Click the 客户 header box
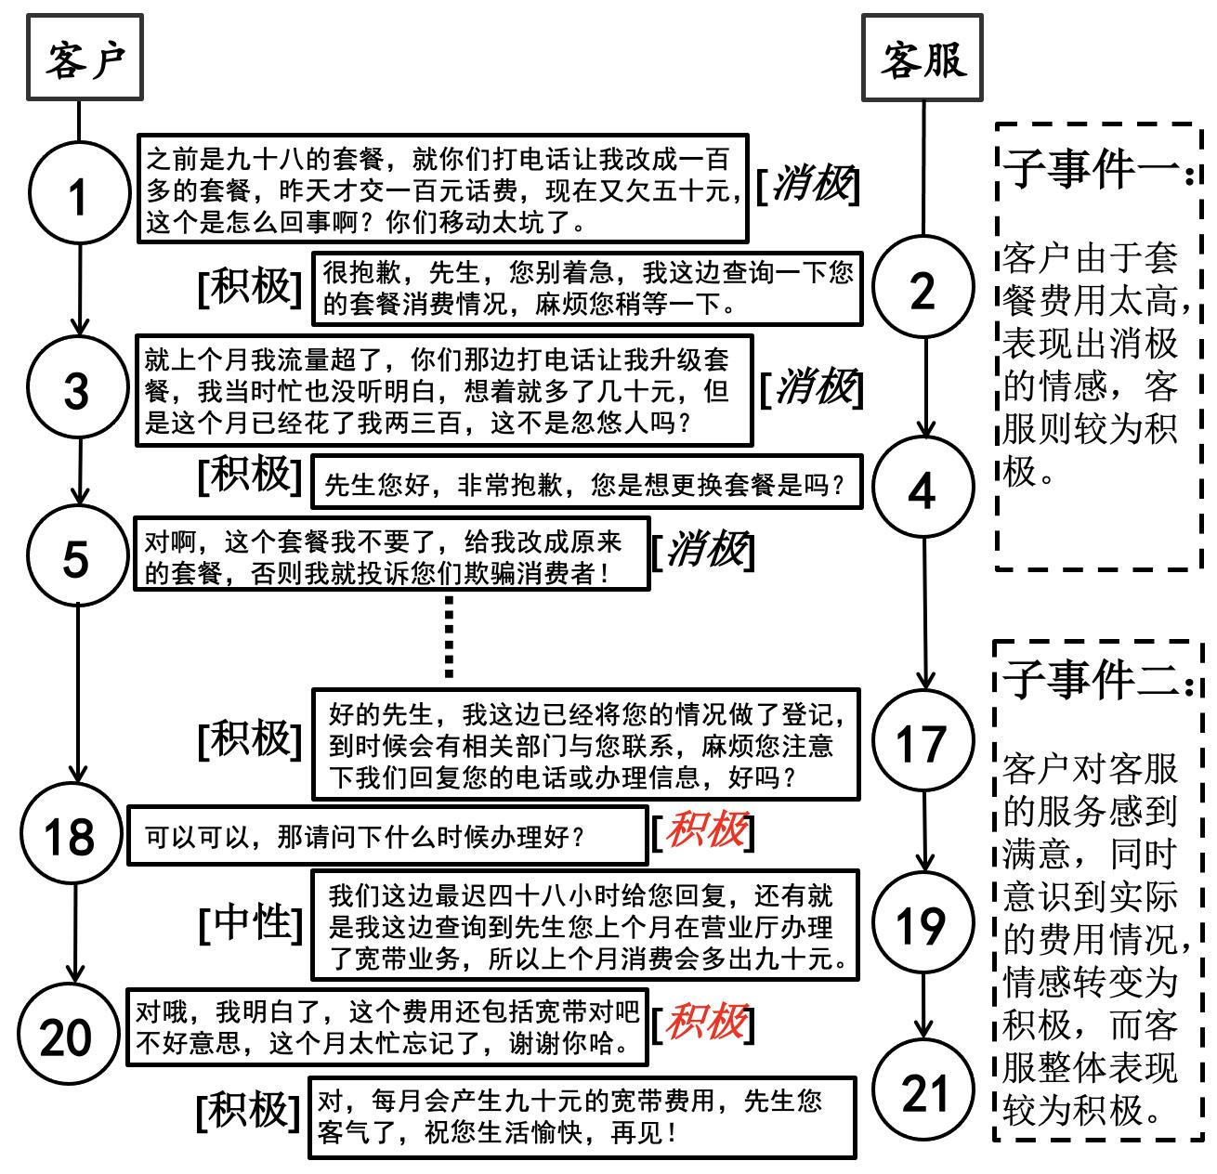(84, 58)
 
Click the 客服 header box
(923, 58)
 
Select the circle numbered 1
(78, 194)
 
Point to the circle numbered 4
(922, 488)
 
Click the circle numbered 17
(922, 742)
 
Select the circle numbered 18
(71, 835)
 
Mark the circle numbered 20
(67, 1037)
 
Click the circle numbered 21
(923, 1092)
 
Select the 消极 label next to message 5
(703, 550)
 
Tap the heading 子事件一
(1096, 169)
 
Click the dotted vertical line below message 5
(450, 636)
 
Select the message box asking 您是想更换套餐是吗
(585, 483)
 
